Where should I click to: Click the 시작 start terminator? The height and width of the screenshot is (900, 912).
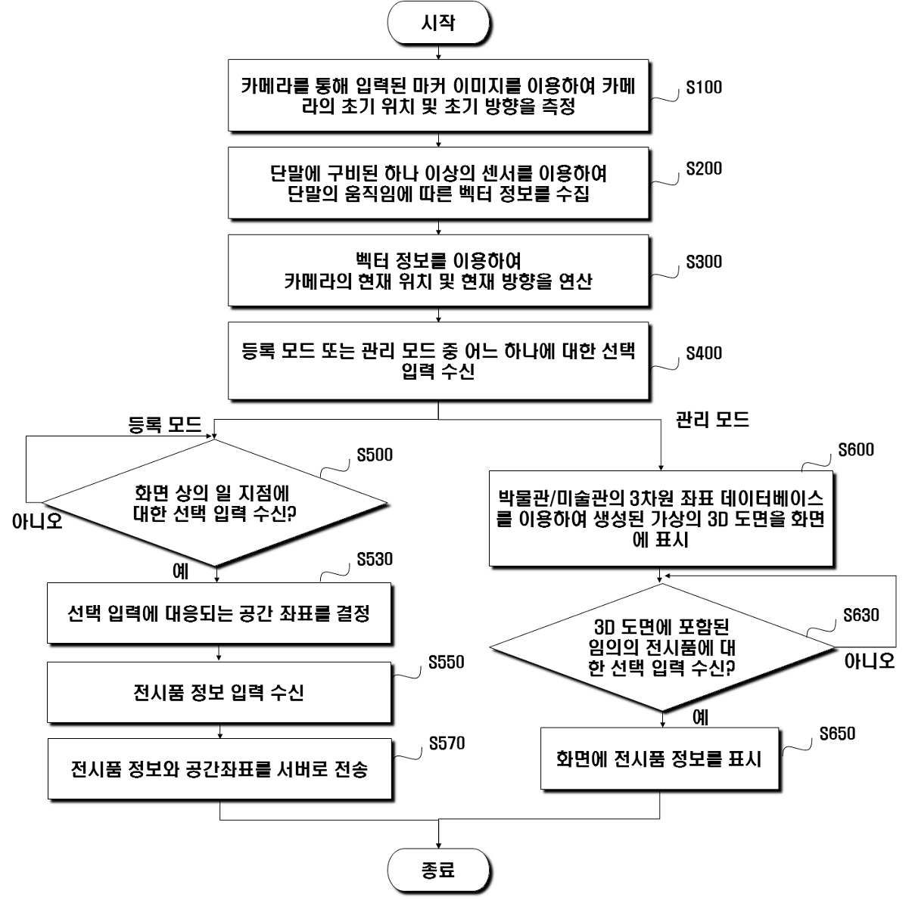coord(438,23)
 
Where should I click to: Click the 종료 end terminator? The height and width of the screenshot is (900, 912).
coord(438,871)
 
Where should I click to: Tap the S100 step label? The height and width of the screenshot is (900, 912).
coord(704,87)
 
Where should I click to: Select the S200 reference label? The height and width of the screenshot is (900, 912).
coord(704,169)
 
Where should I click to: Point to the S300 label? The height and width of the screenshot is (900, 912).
coord(704,262)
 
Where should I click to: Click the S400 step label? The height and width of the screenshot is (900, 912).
coord(704,352)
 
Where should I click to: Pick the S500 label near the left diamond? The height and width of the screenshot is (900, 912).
coord(375,455)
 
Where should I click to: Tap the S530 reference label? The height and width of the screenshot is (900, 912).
coord(375,559)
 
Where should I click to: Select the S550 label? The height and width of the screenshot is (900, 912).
coord(447,662)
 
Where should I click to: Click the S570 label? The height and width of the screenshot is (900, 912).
coord(447,743)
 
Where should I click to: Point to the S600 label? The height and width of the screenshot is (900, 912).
coord(856,449)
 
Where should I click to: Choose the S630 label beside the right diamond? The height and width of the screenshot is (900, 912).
coord(861,615)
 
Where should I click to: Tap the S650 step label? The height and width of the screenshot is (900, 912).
coord(837,734)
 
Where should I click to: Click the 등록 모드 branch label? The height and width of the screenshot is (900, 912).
coord(165,424)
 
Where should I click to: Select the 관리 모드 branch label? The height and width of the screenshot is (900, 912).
coord(712,420)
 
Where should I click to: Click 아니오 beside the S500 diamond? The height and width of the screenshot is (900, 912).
coord(37,521)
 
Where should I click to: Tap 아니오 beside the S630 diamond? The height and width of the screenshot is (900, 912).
coord(870,661)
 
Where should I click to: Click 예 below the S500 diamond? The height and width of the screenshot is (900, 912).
coord(180,571)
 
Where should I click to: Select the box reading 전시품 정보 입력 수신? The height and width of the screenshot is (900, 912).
coord(219,692)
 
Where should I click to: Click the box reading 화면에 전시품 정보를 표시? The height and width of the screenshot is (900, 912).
coord(659,759)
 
